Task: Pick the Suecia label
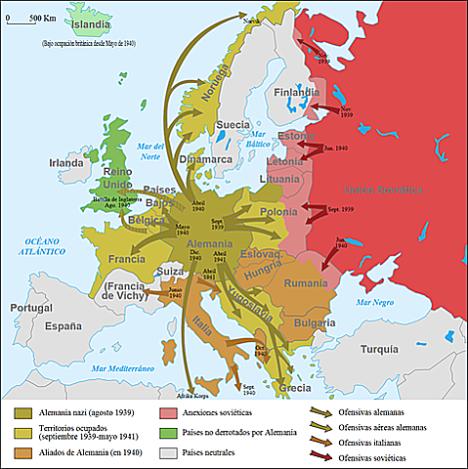point(233,125)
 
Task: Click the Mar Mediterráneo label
point(125,368)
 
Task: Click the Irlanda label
point(67,162)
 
